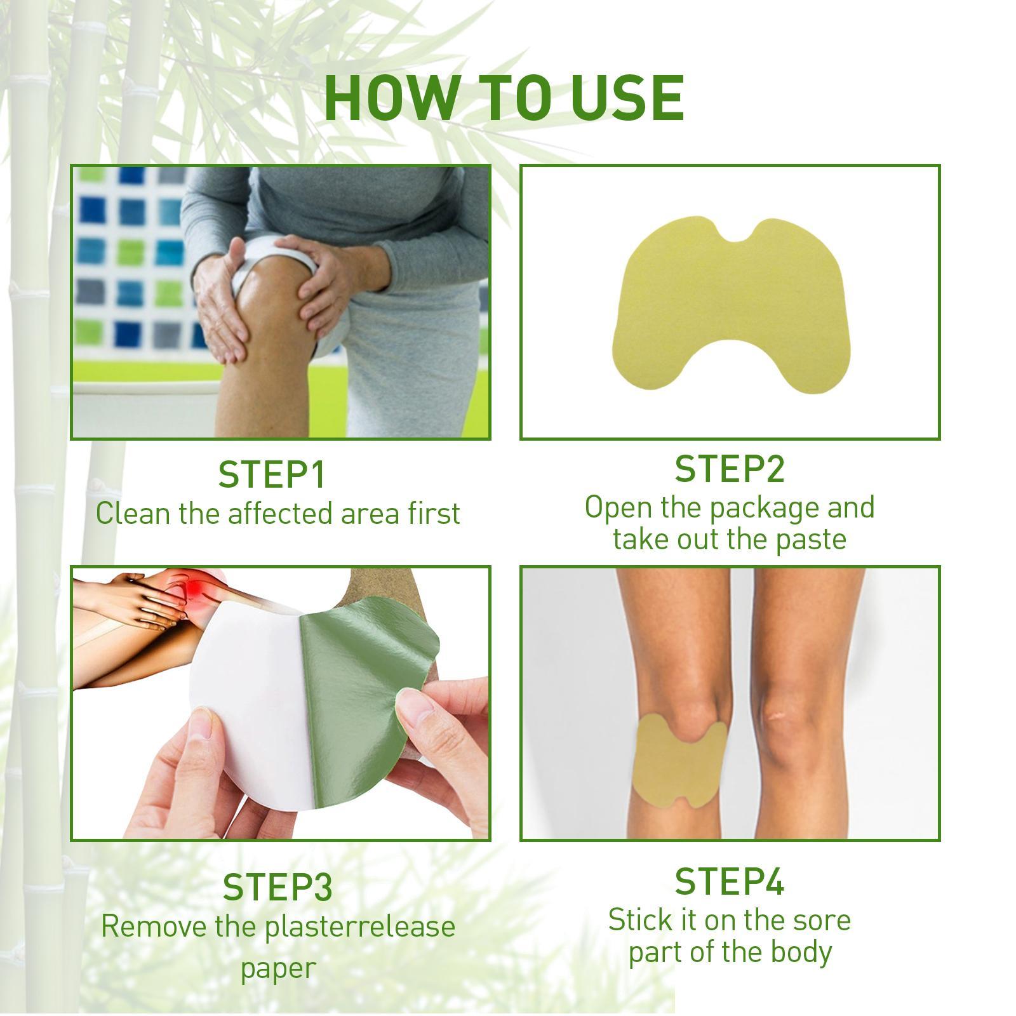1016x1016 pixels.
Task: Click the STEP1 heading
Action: [272, 474]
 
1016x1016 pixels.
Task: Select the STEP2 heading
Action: [729, 469]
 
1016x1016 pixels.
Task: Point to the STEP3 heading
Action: [277, 887]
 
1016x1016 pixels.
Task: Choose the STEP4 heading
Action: [729, 881]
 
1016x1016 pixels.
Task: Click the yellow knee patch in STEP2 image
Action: [730, 305]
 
